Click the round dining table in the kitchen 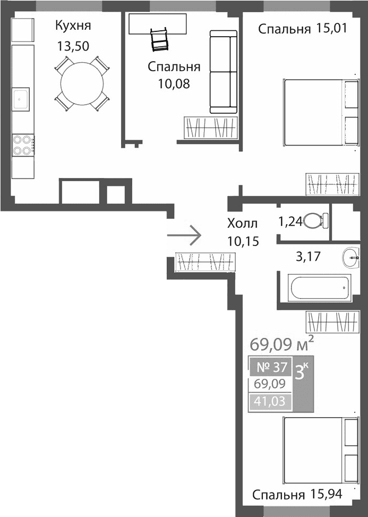[x=82, y=84]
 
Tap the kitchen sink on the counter [x=22, y=98]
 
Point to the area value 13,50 [x=73, y=46]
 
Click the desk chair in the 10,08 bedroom [x=159, y=40]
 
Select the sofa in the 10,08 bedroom [x=223, y=72]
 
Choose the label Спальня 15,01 [x=302, y=29]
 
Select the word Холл [x=242, y=224]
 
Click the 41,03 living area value [x=269, y=402]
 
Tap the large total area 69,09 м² [x=281, y=344]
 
